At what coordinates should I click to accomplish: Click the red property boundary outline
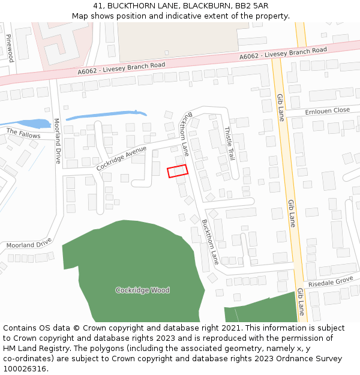pos(178,171)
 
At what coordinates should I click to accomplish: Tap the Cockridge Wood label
pos(142,290)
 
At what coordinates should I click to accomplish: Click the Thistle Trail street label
pos(229,143)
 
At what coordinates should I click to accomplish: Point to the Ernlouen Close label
pos(327,111)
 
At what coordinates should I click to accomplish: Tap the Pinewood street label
pos(10,48)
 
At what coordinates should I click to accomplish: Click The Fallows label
pos(23,133)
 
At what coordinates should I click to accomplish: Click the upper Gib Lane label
pos(280,107)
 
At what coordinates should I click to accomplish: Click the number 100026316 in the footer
pos(24,368)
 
